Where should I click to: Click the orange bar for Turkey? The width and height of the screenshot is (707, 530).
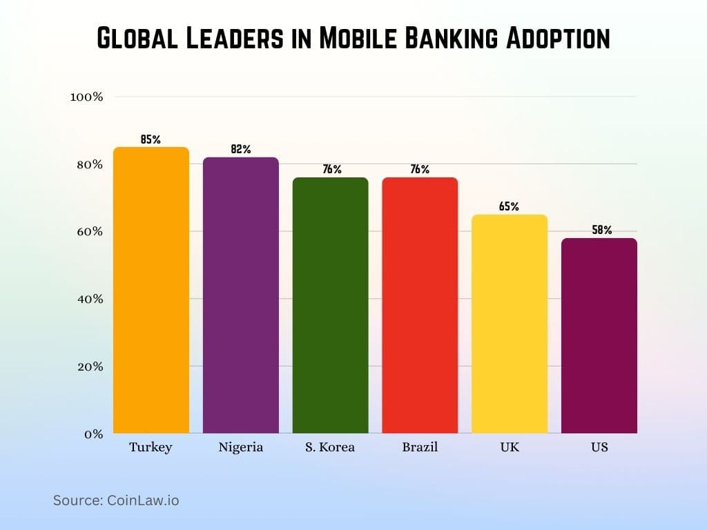(151, 290)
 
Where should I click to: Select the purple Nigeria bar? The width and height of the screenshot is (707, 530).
(240, 295)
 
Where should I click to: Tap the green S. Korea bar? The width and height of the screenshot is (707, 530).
(330, 305)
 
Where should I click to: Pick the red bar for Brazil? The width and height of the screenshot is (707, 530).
(420, 305)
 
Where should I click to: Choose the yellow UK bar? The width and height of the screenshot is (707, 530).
(509, 324)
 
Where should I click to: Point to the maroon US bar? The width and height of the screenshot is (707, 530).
(599, 335)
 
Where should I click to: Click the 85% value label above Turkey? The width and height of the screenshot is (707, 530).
(151, 139)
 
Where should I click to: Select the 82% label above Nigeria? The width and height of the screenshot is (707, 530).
(240, 149)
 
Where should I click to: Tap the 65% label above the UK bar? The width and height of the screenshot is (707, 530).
(509, 206)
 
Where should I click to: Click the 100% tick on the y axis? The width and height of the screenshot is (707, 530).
(86, 97)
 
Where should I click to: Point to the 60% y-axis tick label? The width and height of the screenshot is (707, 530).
(89, 232)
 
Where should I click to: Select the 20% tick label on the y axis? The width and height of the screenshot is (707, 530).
(89, 366)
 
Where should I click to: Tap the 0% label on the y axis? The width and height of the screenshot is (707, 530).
(93, 434)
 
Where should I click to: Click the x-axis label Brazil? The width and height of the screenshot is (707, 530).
(420, 447)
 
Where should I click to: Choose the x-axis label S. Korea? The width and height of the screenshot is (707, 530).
(330, 447)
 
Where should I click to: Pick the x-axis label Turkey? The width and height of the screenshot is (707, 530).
(151, 447)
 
